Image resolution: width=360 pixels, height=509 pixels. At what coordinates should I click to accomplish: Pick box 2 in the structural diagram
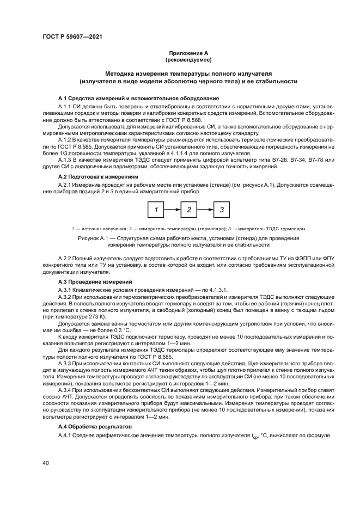pyautogui.click(x=188, y=209)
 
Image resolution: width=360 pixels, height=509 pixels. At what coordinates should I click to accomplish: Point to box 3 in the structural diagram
pyautogui.click(x=221, y=209)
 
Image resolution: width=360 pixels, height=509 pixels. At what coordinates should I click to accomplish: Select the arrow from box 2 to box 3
pyautogui.click(x=205, y=209)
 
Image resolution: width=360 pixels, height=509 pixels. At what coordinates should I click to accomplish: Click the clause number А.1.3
pyautogui.click(x=65, y=161)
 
